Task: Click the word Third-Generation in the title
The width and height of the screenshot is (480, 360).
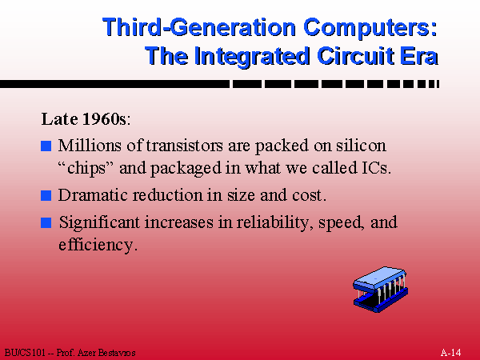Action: (200, 28)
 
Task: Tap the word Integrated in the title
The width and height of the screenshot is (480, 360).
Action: (252, 56)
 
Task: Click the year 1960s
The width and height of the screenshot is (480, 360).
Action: (104, 118)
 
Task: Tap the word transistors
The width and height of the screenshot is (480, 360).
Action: (185, 146)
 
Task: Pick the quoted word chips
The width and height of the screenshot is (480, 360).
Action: (86, 168)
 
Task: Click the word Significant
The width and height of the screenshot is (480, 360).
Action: (99, 222)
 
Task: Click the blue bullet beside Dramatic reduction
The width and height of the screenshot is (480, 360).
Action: (46, 195)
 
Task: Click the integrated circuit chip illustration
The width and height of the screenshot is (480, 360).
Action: (381, 290)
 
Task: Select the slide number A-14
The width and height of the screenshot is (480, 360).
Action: (450, 352)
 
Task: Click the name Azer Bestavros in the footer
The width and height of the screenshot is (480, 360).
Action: (106, 353)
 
